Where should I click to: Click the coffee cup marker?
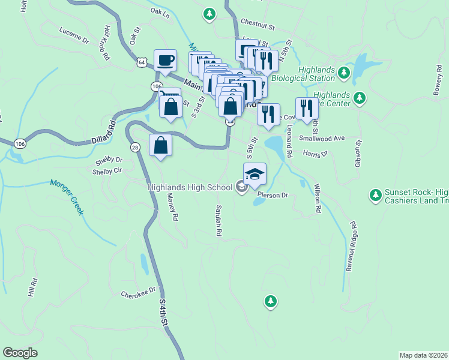(x=165, y=60)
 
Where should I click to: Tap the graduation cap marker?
(x=255, y=173)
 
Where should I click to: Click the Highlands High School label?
(x=190, y=188)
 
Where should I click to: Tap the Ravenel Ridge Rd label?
(x=351, y=247)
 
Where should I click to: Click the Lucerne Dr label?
(x=74, y=35)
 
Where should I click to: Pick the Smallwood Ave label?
(x=323, y=138)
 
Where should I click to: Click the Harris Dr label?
(x=316, y=154)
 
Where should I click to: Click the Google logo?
(x=20, y=353)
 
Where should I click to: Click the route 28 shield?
(x=134, y=147)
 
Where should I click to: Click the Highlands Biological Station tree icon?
(x=344, y=73)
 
